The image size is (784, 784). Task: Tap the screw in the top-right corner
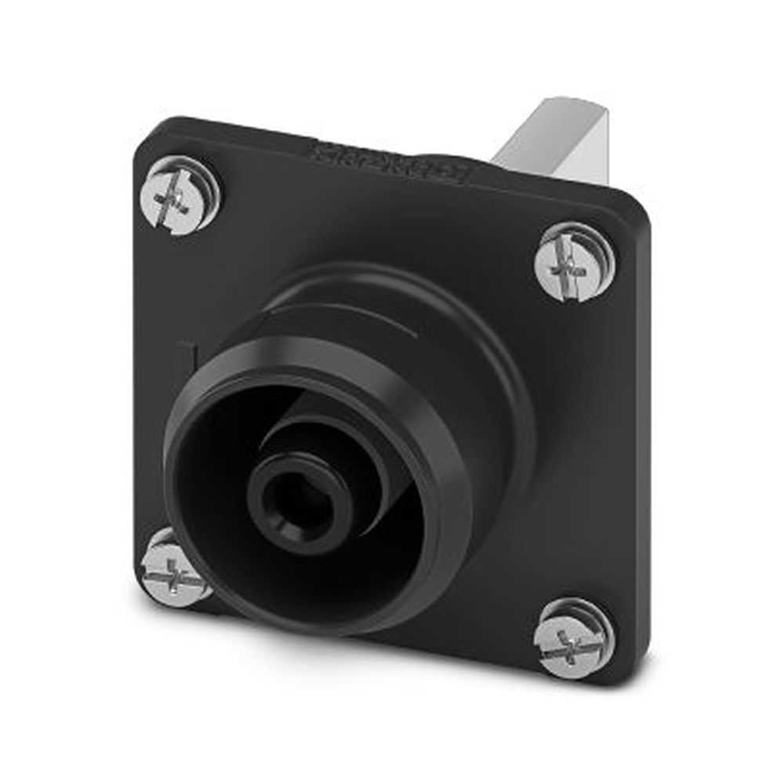pyautogui.click(x=575, y=262)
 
